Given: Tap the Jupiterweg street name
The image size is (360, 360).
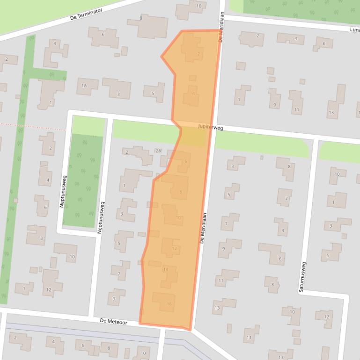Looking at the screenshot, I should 210,127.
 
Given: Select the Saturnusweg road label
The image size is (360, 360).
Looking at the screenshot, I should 302,277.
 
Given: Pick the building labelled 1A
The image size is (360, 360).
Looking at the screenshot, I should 85,86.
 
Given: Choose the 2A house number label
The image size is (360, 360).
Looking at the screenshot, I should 158,151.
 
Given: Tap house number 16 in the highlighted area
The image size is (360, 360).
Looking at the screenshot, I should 169,304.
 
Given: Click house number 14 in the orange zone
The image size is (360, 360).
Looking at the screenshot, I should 165,269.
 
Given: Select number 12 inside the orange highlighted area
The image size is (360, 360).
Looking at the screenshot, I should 175,248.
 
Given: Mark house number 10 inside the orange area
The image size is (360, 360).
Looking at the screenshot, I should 178,218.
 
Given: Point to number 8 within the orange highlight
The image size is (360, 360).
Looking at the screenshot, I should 181,192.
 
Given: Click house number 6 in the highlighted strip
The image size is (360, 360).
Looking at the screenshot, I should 186,161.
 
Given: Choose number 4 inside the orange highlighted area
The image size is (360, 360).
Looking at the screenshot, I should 194,94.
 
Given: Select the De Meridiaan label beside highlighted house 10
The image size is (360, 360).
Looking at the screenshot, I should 203,228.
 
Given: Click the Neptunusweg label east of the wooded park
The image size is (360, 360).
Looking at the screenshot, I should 100,217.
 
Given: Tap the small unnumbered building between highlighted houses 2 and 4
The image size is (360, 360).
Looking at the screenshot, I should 192,78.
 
